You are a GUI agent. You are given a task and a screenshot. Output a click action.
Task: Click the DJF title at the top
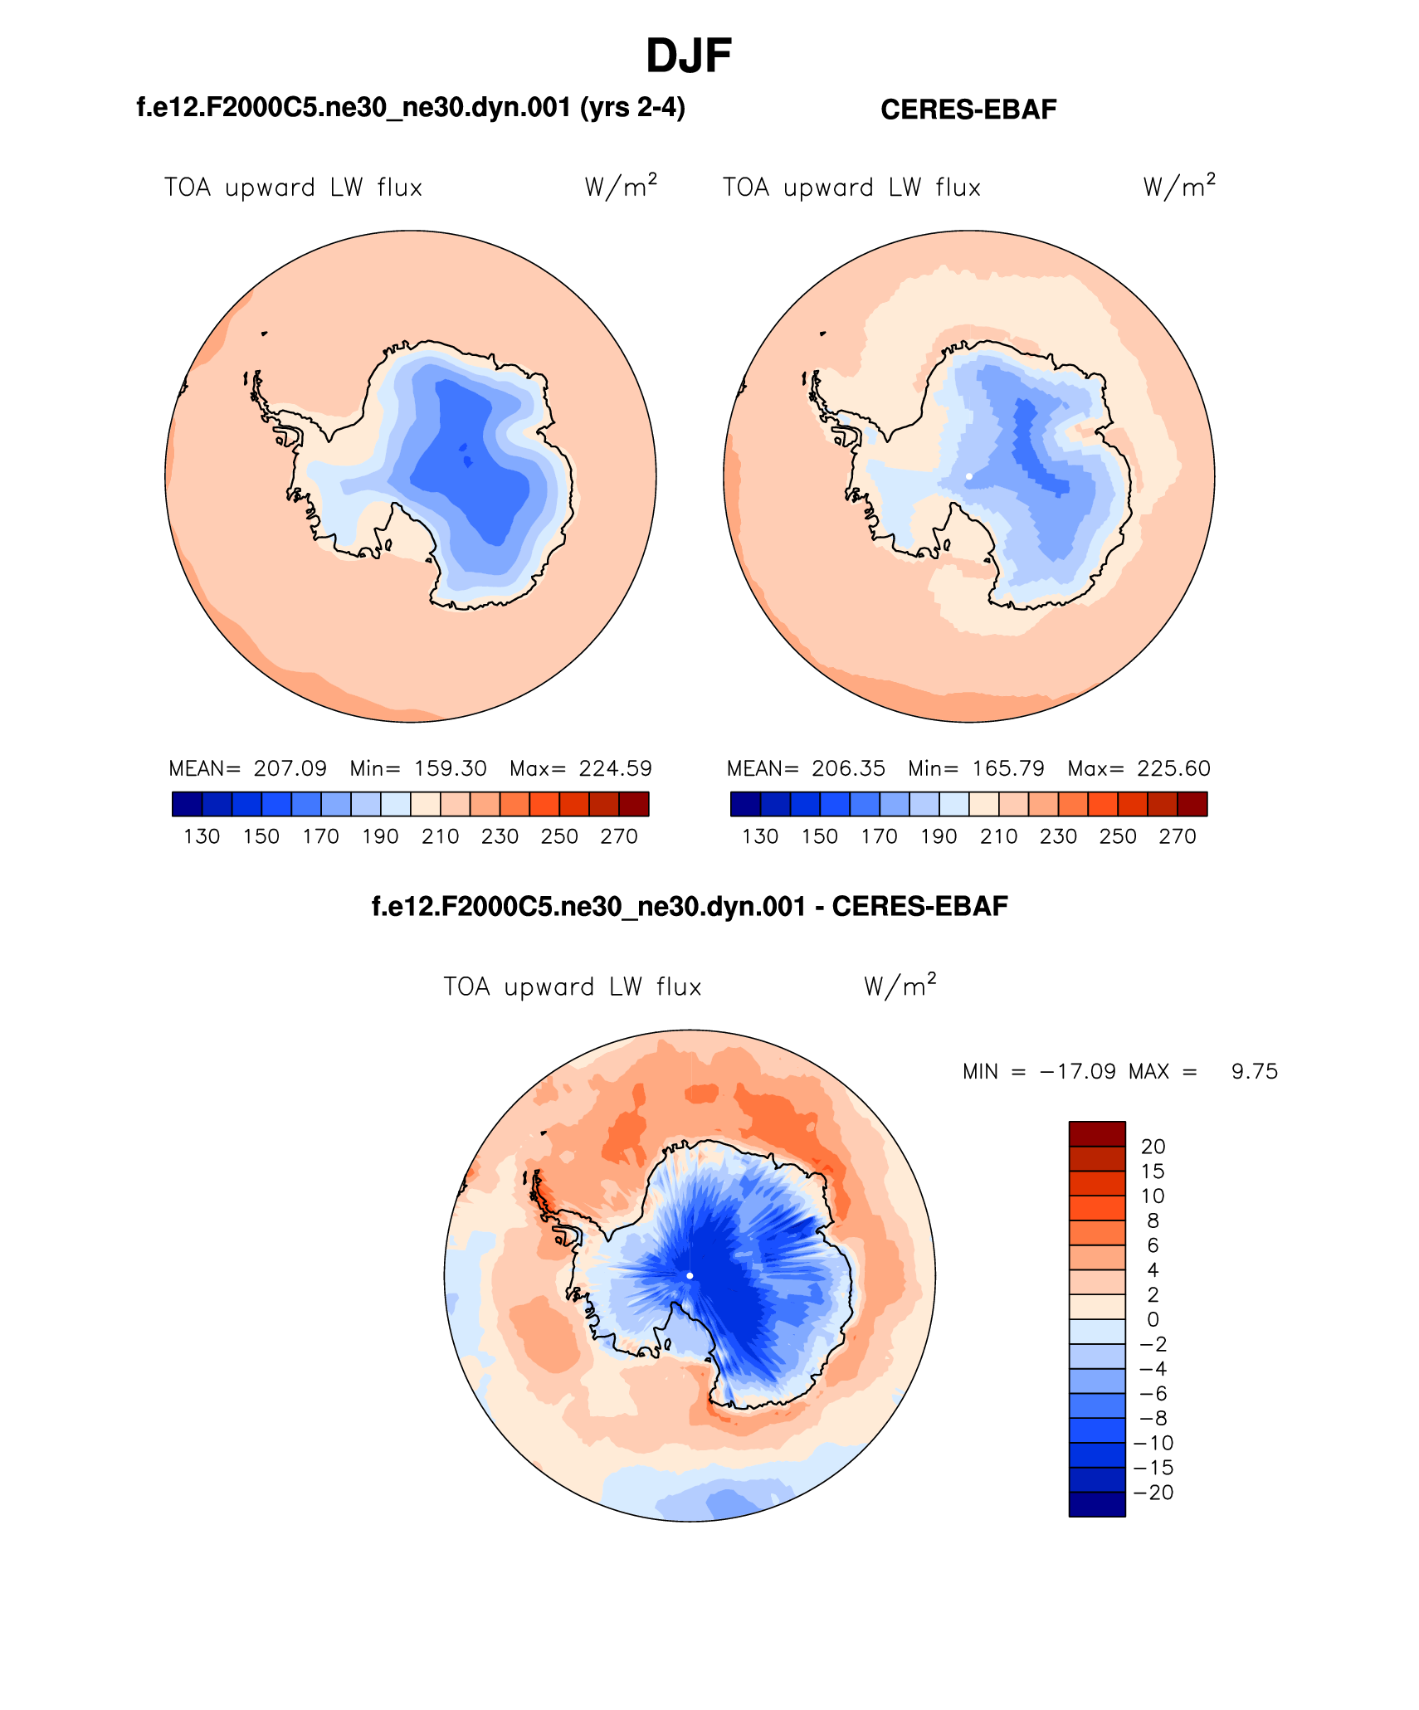(688, 56)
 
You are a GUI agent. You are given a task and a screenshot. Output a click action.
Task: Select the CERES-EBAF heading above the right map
(968, 110)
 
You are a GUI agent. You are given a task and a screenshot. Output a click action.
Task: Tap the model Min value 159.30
(450, 768)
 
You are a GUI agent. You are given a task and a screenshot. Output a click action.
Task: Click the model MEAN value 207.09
(290, 768)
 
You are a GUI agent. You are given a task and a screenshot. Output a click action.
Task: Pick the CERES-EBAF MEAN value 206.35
(848, 768)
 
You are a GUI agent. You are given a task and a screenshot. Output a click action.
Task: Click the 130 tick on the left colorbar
(202, 836)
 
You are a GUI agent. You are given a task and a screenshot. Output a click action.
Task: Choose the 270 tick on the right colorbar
(1177, 836)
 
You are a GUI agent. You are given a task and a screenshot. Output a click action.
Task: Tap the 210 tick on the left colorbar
(440, 836)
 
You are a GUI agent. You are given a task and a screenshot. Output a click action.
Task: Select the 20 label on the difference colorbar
(1153, 1147)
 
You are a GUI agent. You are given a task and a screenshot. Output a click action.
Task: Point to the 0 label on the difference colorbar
(1153, 1319)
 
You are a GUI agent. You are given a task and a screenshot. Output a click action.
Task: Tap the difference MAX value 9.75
(1254, 1071)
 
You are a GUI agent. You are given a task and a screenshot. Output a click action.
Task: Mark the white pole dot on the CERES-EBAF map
(969, 476)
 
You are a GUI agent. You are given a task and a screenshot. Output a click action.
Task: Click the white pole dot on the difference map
(690, 1275)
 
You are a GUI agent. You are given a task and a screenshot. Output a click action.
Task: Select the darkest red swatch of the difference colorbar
(1097, 1133)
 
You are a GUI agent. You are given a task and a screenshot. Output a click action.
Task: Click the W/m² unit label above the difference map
(900, 986)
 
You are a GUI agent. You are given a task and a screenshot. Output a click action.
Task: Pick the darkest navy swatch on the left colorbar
(187, 804)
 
